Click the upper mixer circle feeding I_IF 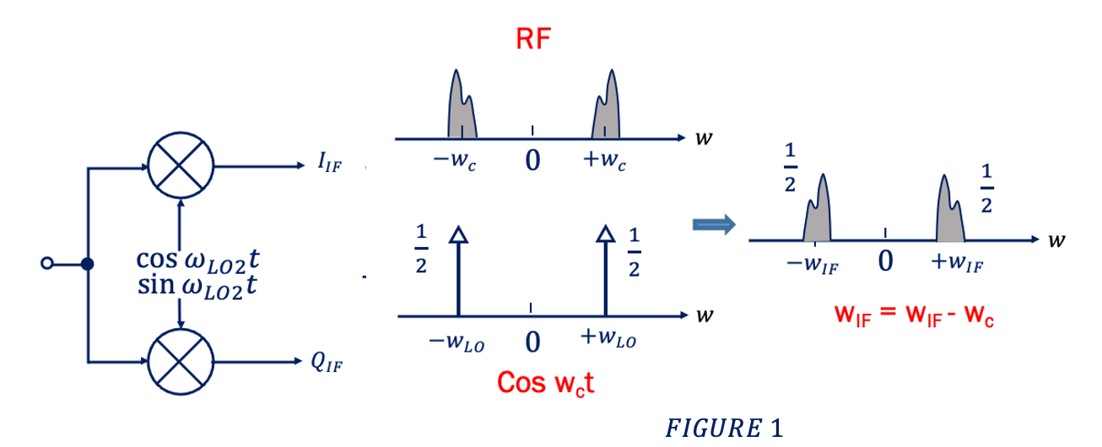tap(181, 166)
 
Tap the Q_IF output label tap(330, 364)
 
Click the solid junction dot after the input tap(87, 264)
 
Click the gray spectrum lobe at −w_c tap(461, 110)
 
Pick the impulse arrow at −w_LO tap(457, 270)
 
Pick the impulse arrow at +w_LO tap(605, 270)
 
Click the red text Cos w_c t tap(547, 382)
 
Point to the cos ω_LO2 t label tap(197, 260)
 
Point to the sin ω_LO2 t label tap(197, 285)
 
